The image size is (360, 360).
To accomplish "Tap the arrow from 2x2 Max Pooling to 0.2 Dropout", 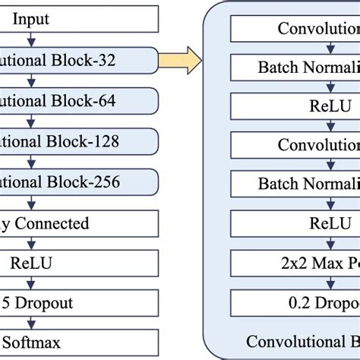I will pos(330,284).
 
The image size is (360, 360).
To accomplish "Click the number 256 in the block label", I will pos(126,182).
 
